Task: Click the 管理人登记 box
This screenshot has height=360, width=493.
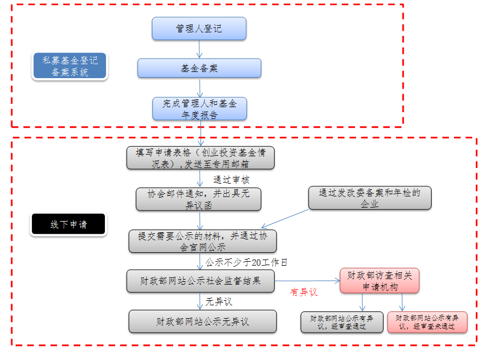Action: tap(199, 28)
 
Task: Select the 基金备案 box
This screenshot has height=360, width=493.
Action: tap(199, 68)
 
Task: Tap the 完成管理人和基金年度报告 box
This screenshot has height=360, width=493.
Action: tap(199, 109)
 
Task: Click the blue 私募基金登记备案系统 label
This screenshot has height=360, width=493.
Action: tap(69, 66)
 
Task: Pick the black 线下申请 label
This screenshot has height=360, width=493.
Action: tap(69, 224)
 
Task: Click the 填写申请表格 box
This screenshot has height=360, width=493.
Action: tap(201, 158)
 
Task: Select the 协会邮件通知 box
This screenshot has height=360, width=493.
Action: tap(198, 199)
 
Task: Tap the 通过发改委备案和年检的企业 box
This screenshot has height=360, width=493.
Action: tap(370, 198)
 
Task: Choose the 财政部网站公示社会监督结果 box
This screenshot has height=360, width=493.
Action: tap(201, 281)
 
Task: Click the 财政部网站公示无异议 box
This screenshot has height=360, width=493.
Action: tap(203, 321)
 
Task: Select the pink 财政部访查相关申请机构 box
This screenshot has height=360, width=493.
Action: tap(379, 281)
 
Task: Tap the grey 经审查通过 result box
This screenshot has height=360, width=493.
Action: tap(342, 322)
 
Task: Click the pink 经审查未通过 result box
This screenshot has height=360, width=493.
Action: tap(427, 322)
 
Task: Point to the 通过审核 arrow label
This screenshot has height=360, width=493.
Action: tap(231, 180)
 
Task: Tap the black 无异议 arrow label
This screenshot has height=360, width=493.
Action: tap(218, 302)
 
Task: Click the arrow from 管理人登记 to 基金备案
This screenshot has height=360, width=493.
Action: tap(199, 49)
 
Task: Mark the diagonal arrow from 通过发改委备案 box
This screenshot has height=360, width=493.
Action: tap(285, 219)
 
